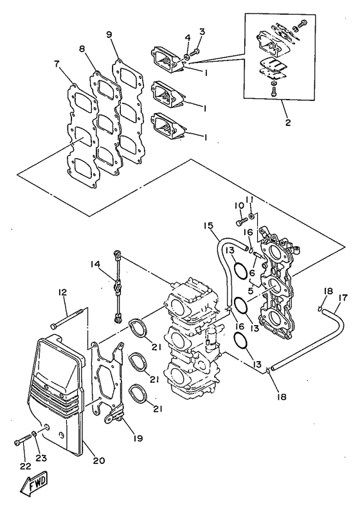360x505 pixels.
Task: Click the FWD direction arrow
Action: coord(30,486)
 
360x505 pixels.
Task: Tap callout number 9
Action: coord(109,34)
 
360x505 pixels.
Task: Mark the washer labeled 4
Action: coord(187,57)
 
